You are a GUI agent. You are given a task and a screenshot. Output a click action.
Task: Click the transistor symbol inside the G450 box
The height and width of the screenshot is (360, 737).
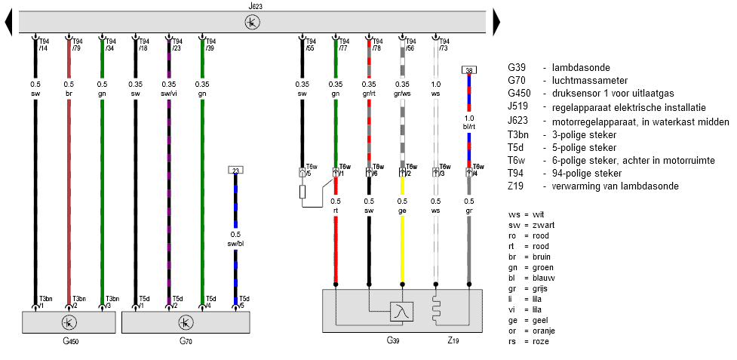[69, 322]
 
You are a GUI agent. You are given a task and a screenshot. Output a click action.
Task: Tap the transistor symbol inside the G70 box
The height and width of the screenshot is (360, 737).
[185, 322]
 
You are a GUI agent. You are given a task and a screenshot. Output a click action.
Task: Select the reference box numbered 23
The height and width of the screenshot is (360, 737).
[235, 171]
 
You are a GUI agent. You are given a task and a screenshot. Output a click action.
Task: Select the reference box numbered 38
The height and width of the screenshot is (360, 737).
[468, 70]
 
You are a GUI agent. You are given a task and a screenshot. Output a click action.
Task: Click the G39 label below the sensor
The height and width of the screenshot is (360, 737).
[392, 341]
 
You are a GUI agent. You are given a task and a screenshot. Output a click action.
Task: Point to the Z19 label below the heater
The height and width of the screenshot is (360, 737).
[453, 341]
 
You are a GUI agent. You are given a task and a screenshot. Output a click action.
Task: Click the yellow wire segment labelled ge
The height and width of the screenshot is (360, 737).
[402, 245]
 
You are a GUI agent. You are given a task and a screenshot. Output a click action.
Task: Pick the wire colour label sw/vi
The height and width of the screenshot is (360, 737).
[168, 94]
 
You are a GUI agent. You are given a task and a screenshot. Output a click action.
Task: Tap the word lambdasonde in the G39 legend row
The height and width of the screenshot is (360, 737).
[576, 67]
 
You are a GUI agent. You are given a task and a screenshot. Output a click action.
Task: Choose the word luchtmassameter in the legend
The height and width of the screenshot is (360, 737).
[585, 80]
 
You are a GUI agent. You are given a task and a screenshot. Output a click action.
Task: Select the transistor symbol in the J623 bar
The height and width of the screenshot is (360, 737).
[251, 22]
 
